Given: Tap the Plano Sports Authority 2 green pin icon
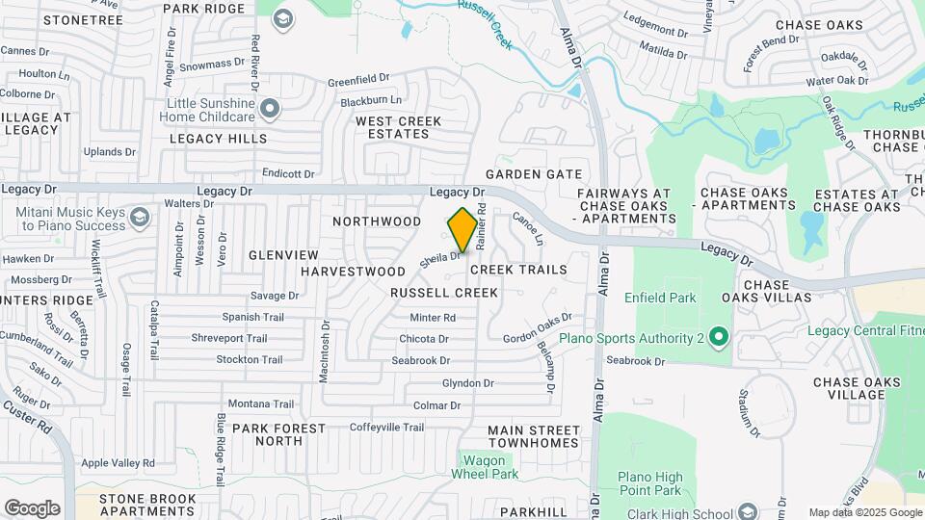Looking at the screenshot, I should [x=717, y=338].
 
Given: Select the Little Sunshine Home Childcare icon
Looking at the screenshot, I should [x=271, y=109].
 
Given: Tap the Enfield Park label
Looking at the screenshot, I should [x=660, y=298].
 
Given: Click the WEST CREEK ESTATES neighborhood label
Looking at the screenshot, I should [x=398, y=127].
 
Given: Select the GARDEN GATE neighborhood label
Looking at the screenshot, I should [x=534, y=174].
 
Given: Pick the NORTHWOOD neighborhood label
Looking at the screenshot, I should [x=377, y=221].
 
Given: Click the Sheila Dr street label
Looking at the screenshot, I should [x=437, y=259].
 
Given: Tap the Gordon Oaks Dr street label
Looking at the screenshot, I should [x=538, y=328].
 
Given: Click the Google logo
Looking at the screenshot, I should [x=32, y=508].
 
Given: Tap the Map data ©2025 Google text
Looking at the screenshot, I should [x=864, y=512].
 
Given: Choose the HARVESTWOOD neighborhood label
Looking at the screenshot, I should [x=353, y=272].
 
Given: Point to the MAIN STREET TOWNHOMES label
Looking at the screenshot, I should [x=533, y=437].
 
